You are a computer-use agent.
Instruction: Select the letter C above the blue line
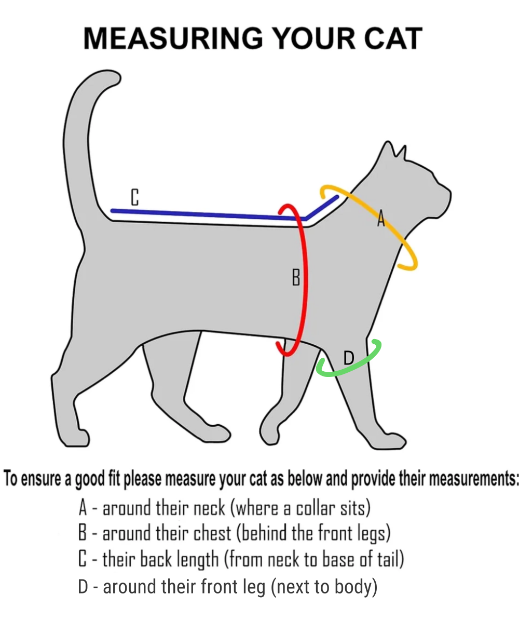[134, 198]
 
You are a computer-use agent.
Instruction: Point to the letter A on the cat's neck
[380, 219]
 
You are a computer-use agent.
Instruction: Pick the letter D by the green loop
[349, 357]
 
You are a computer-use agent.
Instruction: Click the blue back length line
[208, 214]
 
